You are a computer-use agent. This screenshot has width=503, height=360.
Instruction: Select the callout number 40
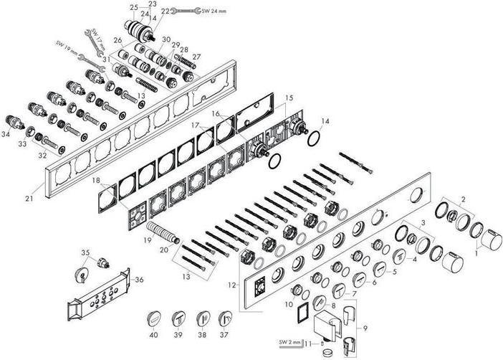click(x=153, y=333)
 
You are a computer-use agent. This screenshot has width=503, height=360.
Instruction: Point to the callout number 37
click(x=226, y=333)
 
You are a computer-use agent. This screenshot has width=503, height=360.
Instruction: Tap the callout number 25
click(x=133, y=7)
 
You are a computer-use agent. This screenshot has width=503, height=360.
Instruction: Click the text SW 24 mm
click(x=214, y=11)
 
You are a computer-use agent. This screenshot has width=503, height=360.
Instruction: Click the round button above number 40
click(x=153, y=318)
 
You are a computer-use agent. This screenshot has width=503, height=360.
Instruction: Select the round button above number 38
click(x=202, y=318)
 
